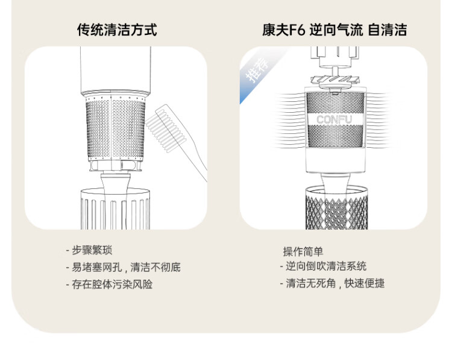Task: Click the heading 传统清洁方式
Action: (117, 30)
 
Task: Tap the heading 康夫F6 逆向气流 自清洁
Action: (334, 30)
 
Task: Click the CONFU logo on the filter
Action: (334, 119)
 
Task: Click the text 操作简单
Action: (303, 251)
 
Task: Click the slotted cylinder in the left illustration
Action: (115, 209)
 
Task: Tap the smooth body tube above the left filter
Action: (115, 69)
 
